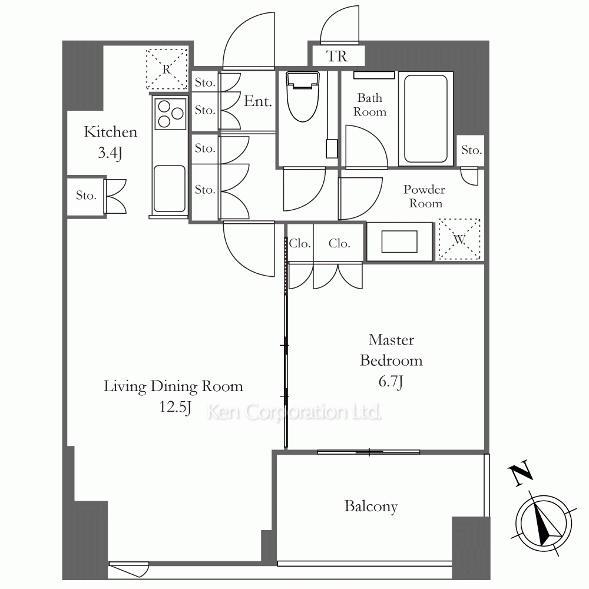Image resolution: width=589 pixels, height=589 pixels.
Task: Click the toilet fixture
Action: point(303,97)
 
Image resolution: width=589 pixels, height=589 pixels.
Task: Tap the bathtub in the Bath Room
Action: point(426,119)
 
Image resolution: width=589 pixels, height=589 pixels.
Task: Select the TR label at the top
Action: point(337,57)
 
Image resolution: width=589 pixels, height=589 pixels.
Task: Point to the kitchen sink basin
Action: point(170,189)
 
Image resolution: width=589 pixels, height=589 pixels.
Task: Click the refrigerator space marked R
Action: point(167,69)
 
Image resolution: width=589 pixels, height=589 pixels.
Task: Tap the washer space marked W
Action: point(459,239)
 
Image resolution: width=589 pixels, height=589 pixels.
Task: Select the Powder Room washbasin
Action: point(399,241)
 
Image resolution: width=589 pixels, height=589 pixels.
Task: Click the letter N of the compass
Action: point(520,474)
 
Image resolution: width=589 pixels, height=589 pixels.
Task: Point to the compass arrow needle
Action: point(544,524)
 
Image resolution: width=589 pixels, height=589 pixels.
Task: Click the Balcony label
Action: point(371,507)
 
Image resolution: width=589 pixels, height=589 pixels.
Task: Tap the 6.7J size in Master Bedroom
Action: point(391,382)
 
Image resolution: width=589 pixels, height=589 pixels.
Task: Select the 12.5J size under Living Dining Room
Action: point(175,407)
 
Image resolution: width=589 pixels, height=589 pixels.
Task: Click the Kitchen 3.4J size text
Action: point(110,153)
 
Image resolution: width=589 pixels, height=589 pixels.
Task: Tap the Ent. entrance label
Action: point(258,101)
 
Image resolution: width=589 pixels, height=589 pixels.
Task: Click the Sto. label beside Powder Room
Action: point(471,150)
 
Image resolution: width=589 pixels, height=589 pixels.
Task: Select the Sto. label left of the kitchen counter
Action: point(86,196)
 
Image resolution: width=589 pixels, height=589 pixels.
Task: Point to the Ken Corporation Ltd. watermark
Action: point(294,412)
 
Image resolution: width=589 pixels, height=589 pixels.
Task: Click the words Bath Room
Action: point(370,105)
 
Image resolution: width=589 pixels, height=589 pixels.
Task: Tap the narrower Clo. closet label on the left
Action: point(299,243)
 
